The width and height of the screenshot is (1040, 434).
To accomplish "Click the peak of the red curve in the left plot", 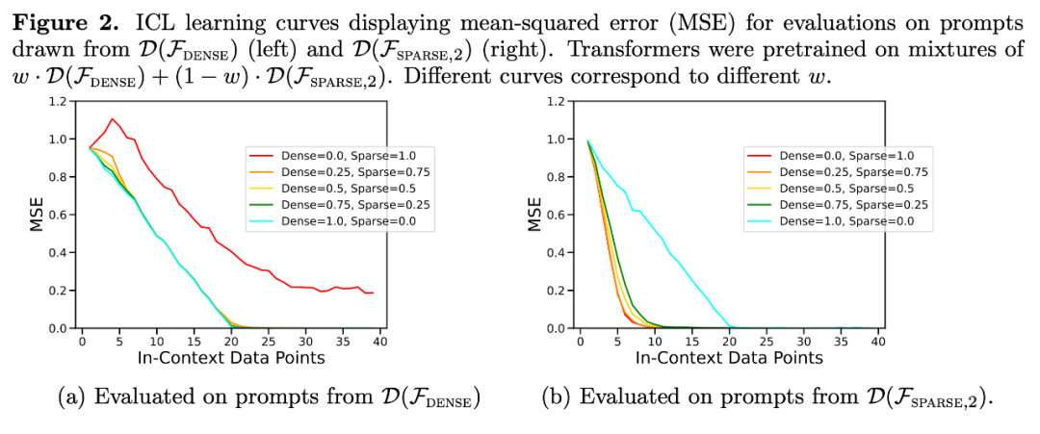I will point(113,119).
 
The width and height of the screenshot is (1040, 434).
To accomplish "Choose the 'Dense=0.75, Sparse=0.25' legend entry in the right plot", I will point(855,204).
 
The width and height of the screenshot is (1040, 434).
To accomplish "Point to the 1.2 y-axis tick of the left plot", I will point(59,102).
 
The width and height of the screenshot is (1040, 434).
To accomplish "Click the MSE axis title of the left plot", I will point(39,216).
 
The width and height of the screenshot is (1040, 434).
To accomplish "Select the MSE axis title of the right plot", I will point(534,216).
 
